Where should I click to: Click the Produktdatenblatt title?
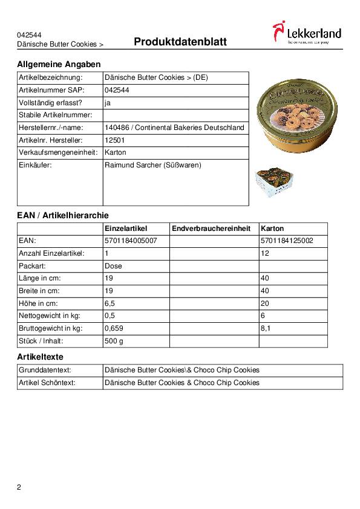click(x=180, y=42)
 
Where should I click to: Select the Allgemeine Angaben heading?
click(x=59, y=64)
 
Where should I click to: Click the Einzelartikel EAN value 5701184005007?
click(x=131, y=241)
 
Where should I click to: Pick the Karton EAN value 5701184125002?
click(x=287, y=241)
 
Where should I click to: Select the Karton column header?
click(x=272, y=229)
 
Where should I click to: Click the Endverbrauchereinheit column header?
click(x=211, y=229)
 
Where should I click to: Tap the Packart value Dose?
click(x=113, y=266)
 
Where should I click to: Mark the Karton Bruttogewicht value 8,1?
click(x=266, y=329)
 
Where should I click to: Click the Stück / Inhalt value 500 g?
click(x=114, y=342)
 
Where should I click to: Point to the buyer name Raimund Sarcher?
click(x=152, y=165)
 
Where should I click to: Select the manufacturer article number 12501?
click(x=115, y=140)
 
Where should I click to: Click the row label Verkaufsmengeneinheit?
click(x=58, y=152)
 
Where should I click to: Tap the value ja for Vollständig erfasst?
click(x=108, y=102)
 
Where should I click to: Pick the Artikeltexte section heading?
click(x=40, y=357)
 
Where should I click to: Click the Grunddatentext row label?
click(x=45, y=370)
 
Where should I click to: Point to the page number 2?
click(x=19, y=487)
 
